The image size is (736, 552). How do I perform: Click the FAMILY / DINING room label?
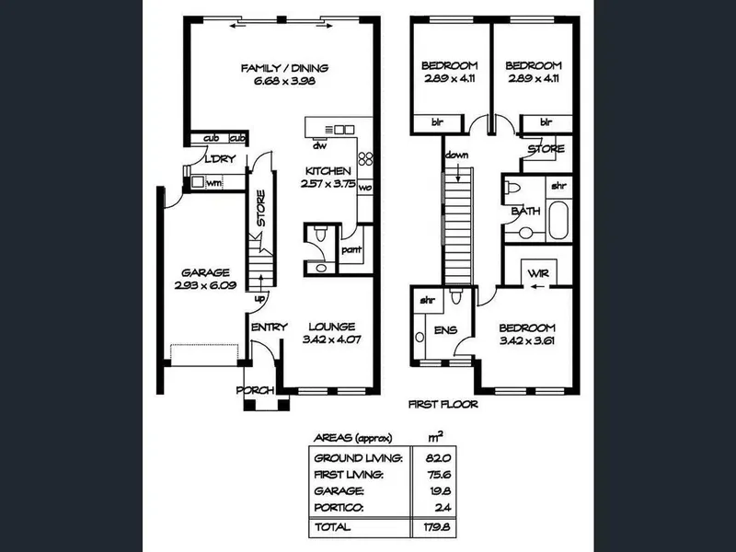coord(284,68)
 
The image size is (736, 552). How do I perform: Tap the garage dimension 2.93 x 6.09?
coord(205,285)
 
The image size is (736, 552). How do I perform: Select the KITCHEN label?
coord(328,171)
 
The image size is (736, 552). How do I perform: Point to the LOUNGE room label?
coord(332,327)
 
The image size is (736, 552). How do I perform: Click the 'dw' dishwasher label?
coord(319,146)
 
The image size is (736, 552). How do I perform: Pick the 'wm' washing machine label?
coord(214,182)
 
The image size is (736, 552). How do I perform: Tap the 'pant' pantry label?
coord(351,249)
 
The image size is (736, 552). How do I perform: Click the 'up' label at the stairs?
coord(259,298)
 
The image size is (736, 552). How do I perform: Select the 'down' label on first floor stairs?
coord(456,155)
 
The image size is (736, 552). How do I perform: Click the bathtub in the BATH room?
coord(558,220)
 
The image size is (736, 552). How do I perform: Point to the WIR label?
coord(538,273)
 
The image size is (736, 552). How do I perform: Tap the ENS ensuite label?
coord(445,330)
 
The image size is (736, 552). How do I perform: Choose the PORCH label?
coord(256,390)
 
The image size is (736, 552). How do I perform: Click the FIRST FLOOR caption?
coord(443,404)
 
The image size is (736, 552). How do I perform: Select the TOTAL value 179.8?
coord(436,527)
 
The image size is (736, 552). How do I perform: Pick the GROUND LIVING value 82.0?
coord(438,458)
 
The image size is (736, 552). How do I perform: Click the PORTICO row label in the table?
coord(339,508)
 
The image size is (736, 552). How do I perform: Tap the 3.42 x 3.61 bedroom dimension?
coord(527,340)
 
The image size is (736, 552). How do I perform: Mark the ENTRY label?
coord(269,328)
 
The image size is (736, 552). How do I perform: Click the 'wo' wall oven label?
coord(365,188)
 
